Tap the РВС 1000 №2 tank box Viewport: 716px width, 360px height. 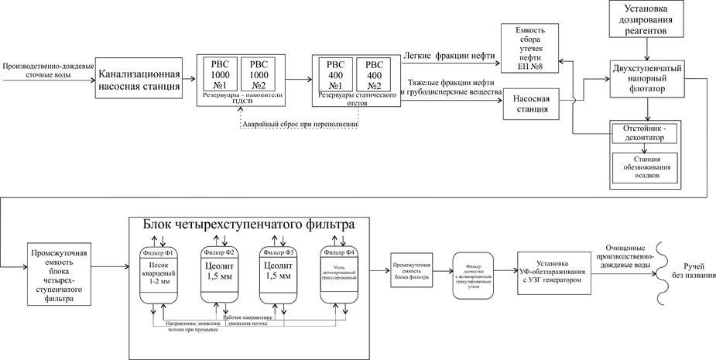point(257,74)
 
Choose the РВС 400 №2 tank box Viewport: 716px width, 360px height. point(374,75)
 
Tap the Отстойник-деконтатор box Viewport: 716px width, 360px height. point(644,132)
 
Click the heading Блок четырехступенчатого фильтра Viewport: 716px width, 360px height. point(248,224)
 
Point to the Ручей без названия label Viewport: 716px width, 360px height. point(694,271)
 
